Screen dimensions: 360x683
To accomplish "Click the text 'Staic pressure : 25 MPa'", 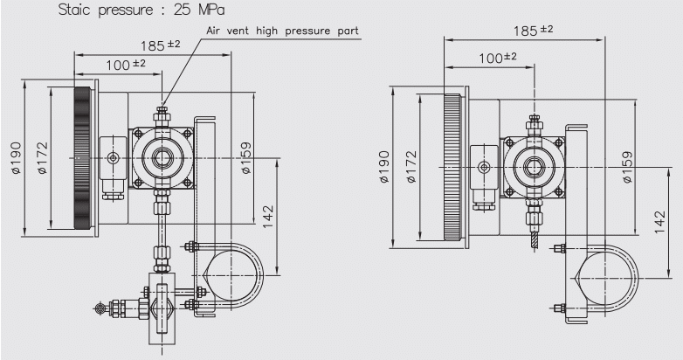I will [x=141, y=11].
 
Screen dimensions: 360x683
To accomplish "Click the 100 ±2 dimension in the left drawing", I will [x=127, y=64].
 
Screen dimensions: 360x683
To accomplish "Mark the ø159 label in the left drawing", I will [x=247, y=158].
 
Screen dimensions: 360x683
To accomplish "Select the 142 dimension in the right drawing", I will [x=661, y=221].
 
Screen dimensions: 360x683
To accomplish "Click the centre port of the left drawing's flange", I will [x=162, y=159].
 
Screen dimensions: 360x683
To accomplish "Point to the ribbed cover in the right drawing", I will [x=452, y=166].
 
